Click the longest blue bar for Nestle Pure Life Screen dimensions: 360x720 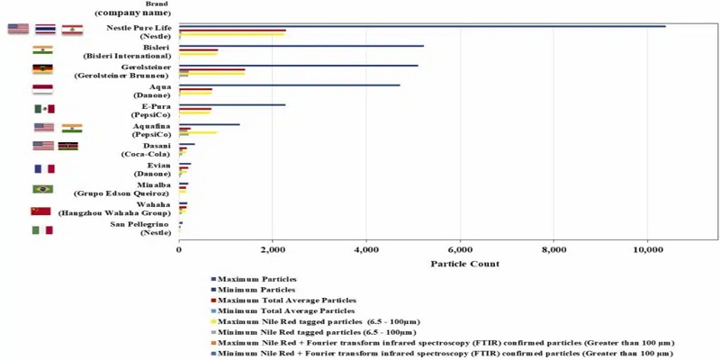(x=423, y=26)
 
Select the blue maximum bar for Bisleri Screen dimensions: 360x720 (x=301, y=46)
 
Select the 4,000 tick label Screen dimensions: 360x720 (x=366, y=248)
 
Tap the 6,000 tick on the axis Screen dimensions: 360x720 (x=460, y=248)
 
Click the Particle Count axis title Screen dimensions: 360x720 (x=464, y=264)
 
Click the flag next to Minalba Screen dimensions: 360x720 (x=42, y=189)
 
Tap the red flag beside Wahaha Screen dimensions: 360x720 (x=41, y=210)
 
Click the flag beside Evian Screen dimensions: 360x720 (x=43, y=168)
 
